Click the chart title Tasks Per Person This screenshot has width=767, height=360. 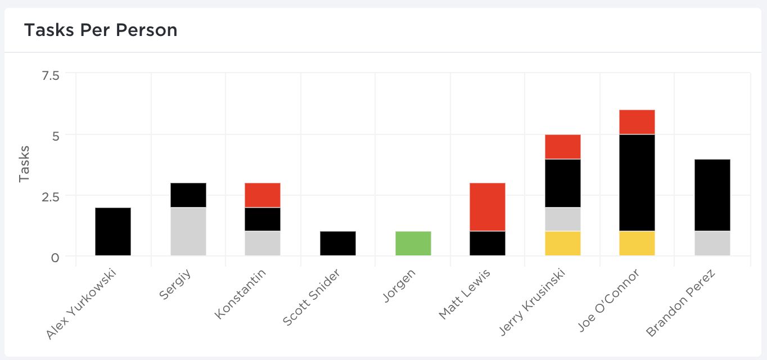(x=101, y=30)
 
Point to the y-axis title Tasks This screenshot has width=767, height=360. (x=24, y=164)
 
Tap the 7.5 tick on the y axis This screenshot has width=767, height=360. (x=51, y=75)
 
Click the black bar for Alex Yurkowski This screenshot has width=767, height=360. (x=113, y=232)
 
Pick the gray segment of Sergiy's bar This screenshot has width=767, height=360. (x=188, y=232)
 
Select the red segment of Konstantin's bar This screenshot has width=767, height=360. (x=263, y=195)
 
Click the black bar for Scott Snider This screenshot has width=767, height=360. (x=338, y=244)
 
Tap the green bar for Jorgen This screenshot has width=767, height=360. (x=413, y=244)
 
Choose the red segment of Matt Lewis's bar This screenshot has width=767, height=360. (x=488, y=207)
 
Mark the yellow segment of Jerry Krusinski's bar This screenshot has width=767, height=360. (x=563, y=244)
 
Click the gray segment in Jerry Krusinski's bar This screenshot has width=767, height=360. (x=563, y=219)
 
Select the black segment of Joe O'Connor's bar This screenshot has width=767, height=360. (x=637, y=183)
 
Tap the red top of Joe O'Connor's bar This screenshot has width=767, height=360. (x=637, y=122)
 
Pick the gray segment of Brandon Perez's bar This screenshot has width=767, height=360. (x=712, y=244)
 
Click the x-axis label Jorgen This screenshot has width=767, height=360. (x=400, y=287)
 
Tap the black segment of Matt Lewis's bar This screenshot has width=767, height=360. (x=488, y=244)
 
